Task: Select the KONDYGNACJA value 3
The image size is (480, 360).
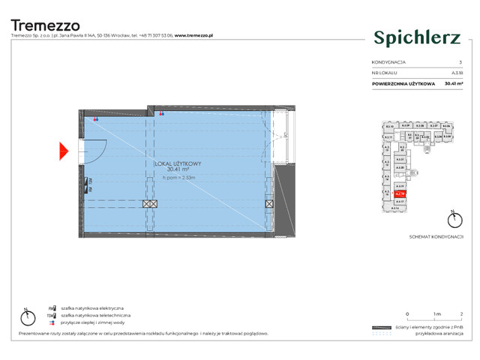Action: pyautogui.click(x=459, y=62)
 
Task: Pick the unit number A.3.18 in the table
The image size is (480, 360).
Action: pyautogui.click(x=455, y=73)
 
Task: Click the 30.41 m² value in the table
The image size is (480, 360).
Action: pyautogui.click(x=453, y=84)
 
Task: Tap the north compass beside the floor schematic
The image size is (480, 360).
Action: pyautogui.click(x=452, y=220)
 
